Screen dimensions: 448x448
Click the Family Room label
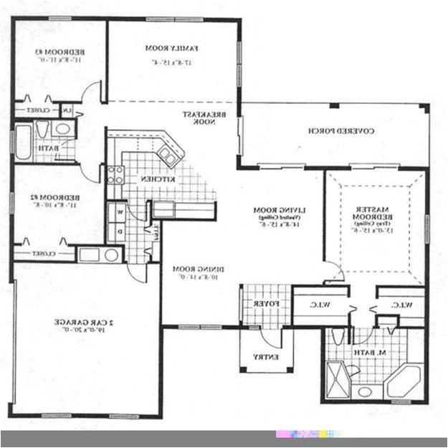click(x=172, y=48)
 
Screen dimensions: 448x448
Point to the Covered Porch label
click(x=333, y=131)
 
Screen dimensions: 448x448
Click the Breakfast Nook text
click(x=208, y=118)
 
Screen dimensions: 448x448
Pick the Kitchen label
click(x=153, y=178)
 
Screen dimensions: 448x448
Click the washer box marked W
click(x=119, y=212)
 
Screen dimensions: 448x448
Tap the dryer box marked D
click(x=119, y=231)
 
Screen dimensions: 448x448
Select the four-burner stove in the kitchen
click(x=115, y=175)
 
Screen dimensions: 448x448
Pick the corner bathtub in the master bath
click(x=406, y=381)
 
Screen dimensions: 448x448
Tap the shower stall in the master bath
click(x=337, y=376)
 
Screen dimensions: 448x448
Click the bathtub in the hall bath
click(x=23, y=143)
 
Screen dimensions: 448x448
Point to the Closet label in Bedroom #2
click(x=43, y=254)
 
